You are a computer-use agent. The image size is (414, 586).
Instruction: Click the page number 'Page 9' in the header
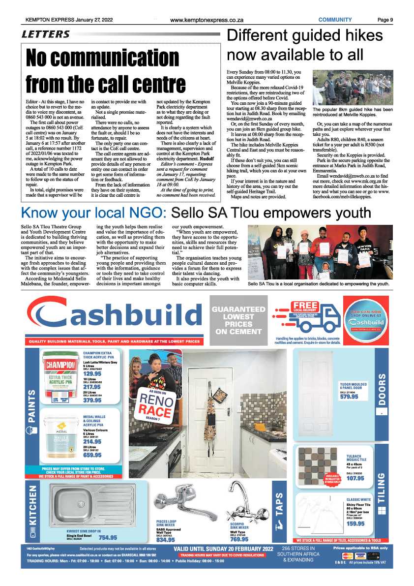385,20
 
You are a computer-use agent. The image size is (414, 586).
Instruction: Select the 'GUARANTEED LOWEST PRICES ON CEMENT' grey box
238,320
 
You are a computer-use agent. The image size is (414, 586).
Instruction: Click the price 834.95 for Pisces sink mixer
166,539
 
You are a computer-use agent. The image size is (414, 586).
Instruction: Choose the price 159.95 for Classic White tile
355,524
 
